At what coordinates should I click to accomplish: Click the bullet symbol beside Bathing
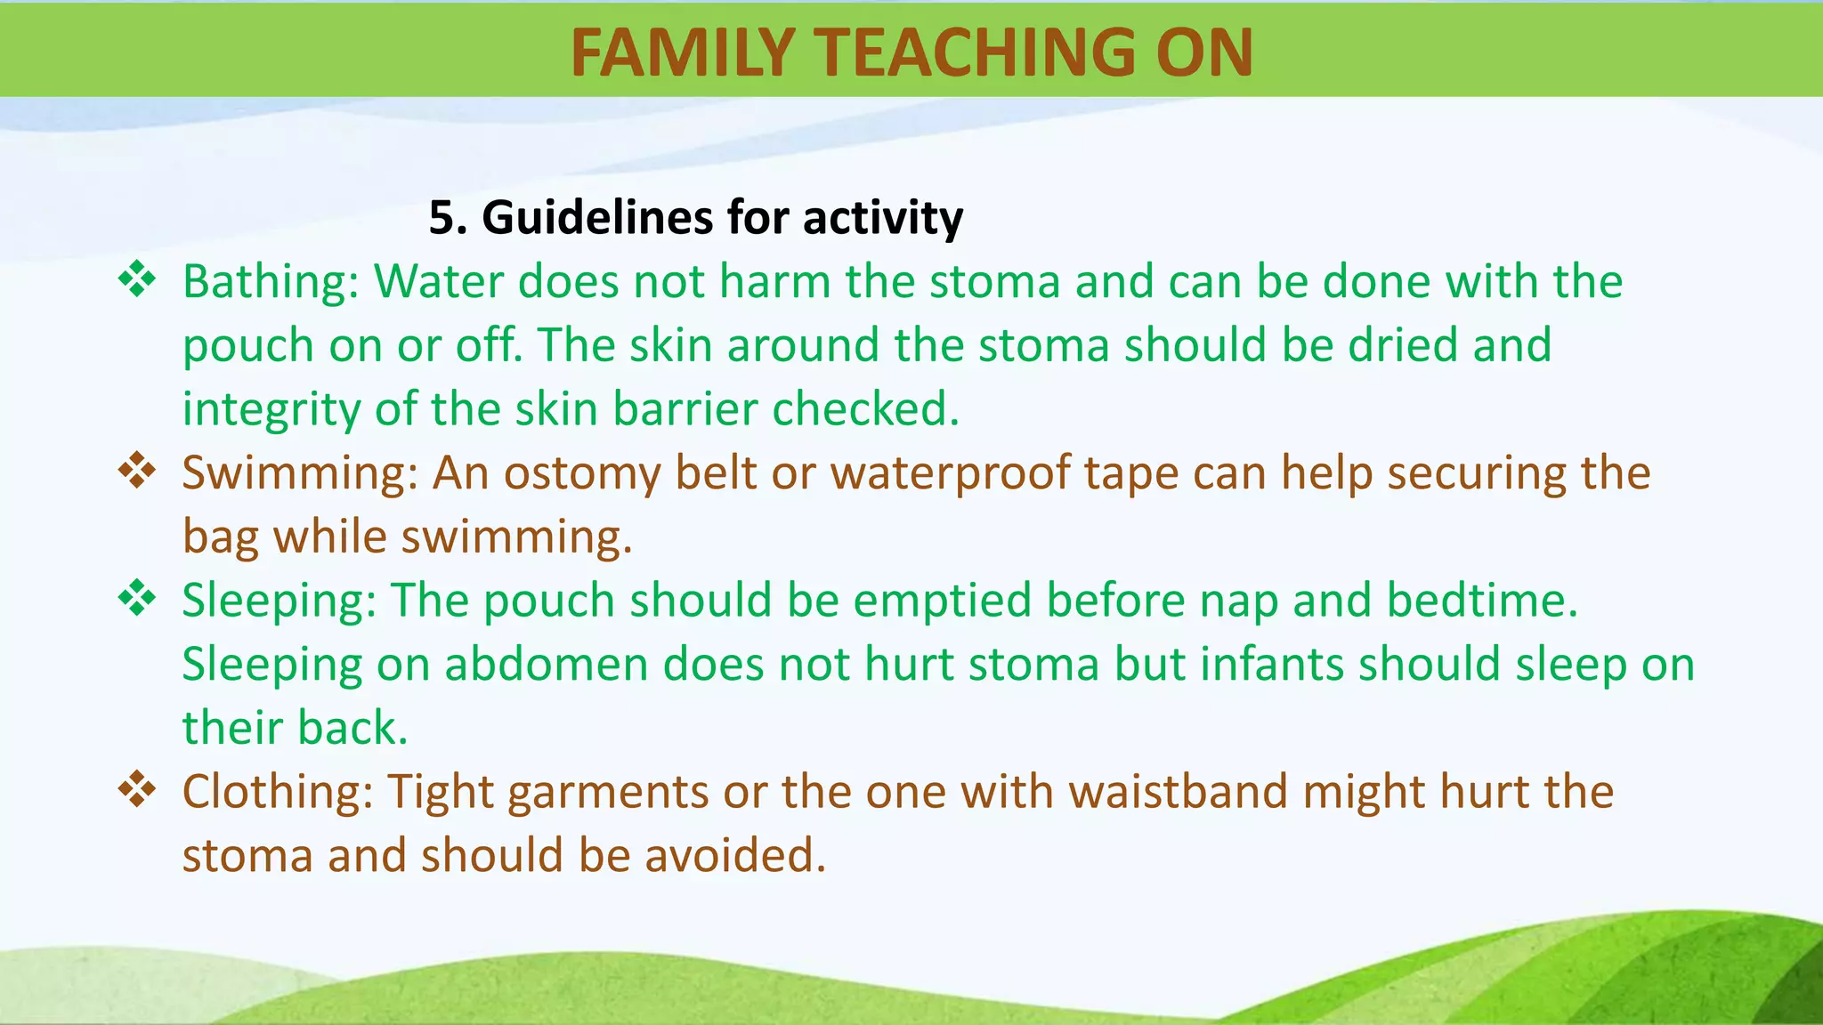tap(137, 280)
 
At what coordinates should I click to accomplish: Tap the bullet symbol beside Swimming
tap(137, 471)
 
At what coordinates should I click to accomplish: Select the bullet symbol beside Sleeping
tap(137, 598)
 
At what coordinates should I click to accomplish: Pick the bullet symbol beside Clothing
tap(137, 789)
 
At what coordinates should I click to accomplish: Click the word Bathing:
tap(271, 282)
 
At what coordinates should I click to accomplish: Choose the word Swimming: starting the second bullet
tap(300, 473)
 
